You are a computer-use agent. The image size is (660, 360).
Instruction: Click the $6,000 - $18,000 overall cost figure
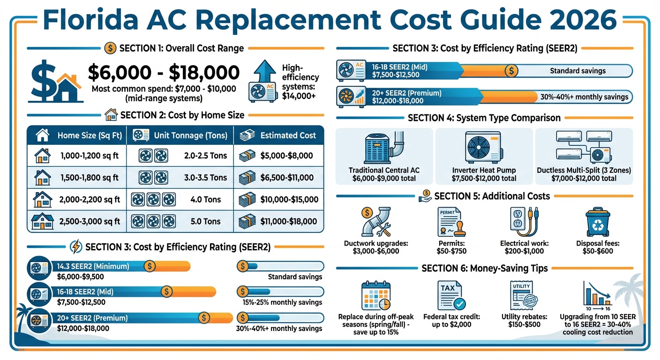(x=164, y=72)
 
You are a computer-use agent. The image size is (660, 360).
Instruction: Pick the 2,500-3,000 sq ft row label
(x=90, y=221)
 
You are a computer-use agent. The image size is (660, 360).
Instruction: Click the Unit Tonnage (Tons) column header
(x=190, y=135)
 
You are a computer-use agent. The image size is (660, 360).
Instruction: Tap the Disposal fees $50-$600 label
(x=597, y=247)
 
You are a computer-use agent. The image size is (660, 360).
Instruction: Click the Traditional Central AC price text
(x=384, y=178)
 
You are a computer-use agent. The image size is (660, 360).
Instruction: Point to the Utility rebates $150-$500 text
(x=525, y=321)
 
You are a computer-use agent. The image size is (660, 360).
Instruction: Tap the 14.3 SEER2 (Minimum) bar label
(x=93, y=266)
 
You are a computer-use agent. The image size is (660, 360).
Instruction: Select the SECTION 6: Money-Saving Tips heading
(x=485, y=268)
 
